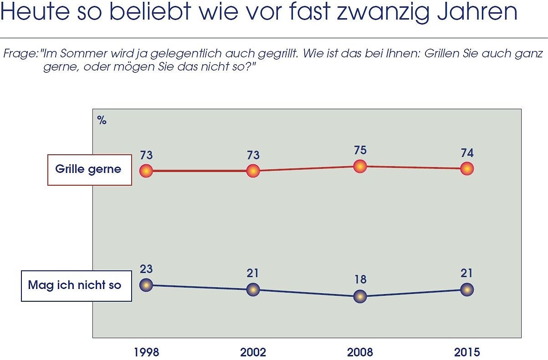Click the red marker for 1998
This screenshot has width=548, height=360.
point(146,171)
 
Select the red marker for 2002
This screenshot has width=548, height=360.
point(253,171)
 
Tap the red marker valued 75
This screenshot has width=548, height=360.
point(360,166)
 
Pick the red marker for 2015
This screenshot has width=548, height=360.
point(467,168)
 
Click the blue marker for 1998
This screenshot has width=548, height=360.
point(146,285)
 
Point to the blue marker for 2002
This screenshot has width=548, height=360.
point(253,289)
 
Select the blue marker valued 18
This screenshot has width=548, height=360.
point(360,296)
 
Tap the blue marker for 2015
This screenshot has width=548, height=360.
point(467,289)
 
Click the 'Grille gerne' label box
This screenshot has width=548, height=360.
point(90,170)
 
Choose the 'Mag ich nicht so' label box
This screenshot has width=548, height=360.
point(77,286)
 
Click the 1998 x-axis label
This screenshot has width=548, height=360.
point(146,352)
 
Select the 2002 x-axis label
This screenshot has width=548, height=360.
point(253,352)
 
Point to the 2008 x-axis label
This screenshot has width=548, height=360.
point(360,352)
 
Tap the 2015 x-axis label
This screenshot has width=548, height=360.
point(467,352)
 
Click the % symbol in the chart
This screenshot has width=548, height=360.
point(102,121)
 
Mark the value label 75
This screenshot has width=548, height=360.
point(360,150)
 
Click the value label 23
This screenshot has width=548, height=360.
point(146,269)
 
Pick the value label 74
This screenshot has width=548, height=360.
point(467,153)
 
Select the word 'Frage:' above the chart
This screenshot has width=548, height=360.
point(21,53)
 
